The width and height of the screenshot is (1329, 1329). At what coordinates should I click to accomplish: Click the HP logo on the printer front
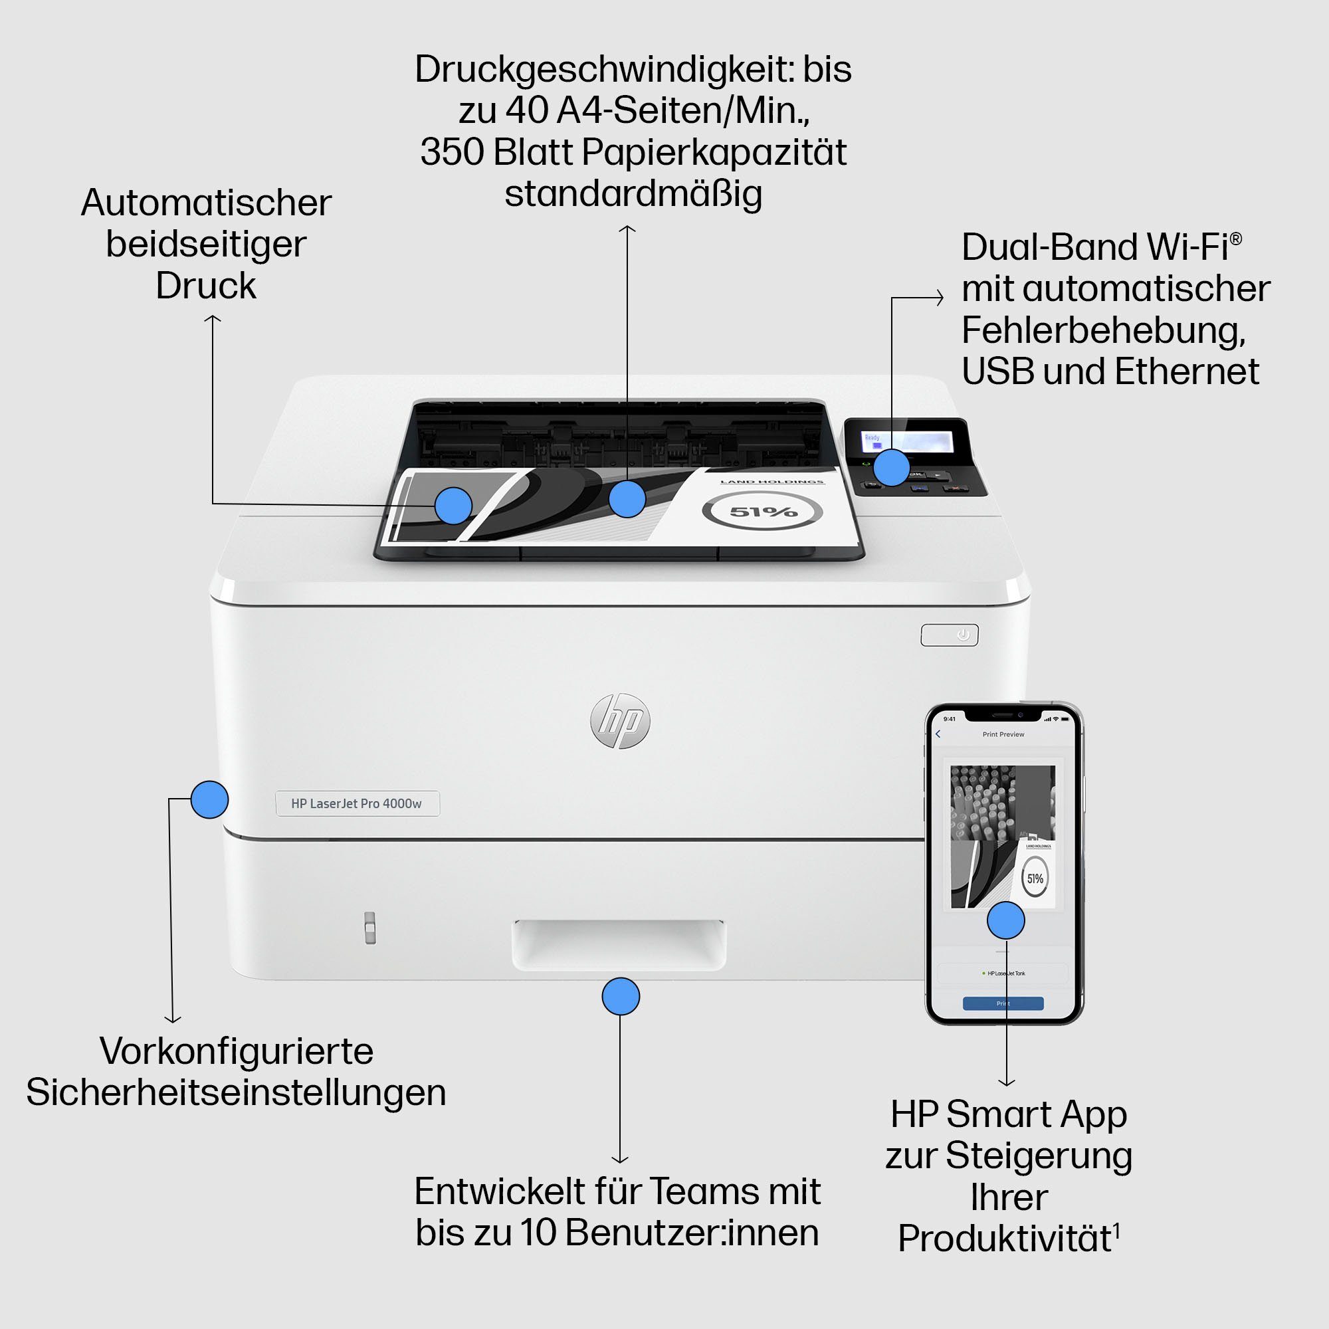click(x=620, y=721)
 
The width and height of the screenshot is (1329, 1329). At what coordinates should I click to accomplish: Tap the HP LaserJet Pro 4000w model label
click(x=357, y=803)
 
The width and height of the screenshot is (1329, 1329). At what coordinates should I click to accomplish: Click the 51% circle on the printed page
click(x=762, y=512)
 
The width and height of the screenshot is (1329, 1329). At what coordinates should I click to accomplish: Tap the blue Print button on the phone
click(x=1003, y=1003)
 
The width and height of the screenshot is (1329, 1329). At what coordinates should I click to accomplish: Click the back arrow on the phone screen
click(x=938, y=734)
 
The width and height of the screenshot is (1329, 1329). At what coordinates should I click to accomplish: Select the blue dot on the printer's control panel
click(x=892, y=467)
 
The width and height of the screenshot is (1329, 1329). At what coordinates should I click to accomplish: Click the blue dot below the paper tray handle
click(x=621, y=996)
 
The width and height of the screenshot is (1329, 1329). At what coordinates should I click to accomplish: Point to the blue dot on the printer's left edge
click(x=209, y=799)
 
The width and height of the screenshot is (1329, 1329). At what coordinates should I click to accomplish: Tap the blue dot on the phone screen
click(x=1005, y=920)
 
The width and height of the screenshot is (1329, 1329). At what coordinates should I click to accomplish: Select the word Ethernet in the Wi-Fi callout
click(x=1187, y=372)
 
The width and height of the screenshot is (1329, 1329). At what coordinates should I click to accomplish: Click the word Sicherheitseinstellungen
click(x=236, y=1092)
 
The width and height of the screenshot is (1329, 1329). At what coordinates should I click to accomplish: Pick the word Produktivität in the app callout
click(x=1004, y=1239)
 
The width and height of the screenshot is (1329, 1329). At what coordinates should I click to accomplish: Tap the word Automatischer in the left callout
click(x=207, y=203)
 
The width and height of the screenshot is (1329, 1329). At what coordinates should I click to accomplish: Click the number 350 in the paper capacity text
click(x=452, y=152)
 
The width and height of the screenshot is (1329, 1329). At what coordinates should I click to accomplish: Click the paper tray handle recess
click(x=619, y=944)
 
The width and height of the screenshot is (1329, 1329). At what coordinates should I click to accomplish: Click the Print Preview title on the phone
click(x=1003, y=735)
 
